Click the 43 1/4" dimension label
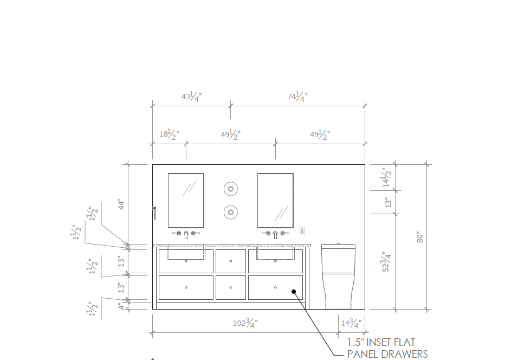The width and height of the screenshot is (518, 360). tap(192, 97)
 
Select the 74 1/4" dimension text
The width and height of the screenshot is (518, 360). tap(297, 97)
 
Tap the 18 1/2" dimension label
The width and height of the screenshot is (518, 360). tap(169, 134)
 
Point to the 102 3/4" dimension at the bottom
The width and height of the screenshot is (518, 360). tap(245, 323)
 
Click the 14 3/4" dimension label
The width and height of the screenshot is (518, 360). tap(351, 323)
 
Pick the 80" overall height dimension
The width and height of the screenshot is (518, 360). tap(419, 237)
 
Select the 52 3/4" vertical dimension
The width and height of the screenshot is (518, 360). tap(386, 261)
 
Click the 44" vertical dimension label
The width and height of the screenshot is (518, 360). tap(121, 204)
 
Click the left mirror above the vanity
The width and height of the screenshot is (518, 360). tap(186, 200)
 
